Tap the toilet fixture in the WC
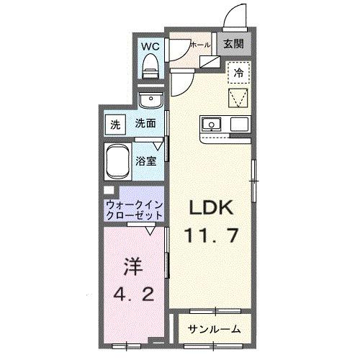151,67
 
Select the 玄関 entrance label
233,43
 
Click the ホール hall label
199,45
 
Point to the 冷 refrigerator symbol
238,71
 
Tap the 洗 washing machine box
115,124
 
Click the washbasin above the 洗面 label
150,100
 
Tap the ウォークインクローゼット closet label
135,210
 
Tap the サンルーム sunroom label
215,329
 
